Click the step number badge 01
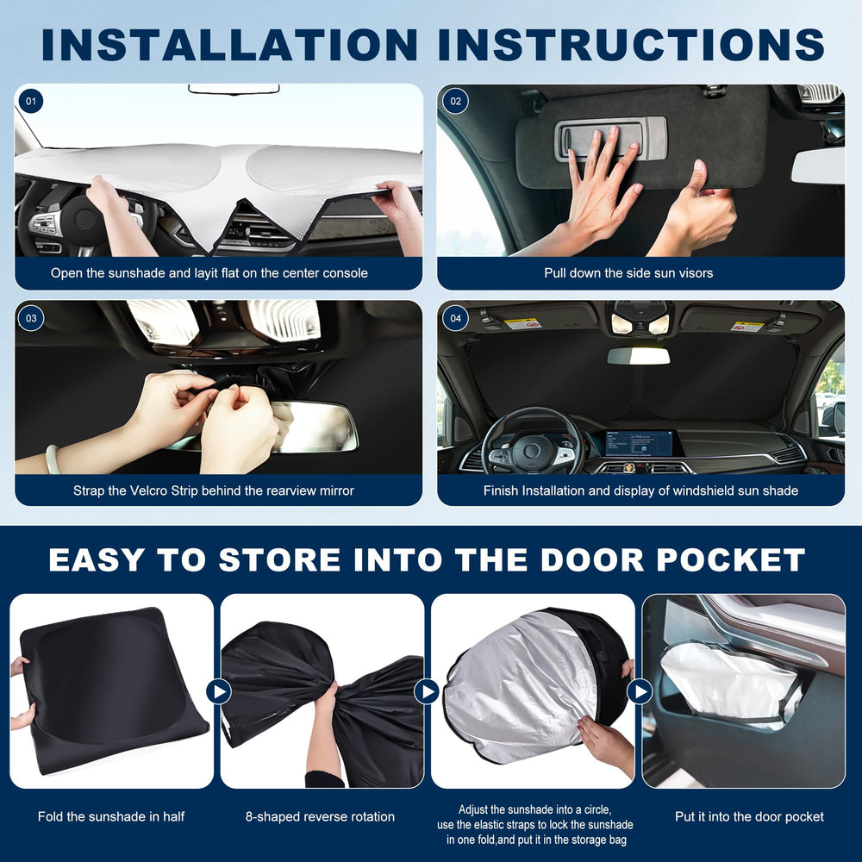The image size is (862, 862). point(31,101)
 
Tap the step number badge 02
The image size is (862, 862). point(455,101)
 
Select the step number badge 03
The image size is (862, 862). point(31,318)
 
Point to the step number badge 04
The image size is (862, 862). point(455,318)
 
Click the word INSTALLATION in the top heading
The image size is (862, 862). point(230,44)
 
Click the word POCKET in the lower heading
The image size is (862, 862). point(731,559)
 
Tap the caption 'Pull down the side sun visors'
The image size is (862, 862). point(628,273)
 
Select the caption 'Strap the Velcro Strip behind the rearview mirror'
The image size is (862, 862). point(213,490)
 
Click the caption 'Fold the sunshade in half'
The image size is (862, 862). point(111,816)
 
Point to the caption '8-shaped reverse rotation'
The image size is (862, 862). point(320,816)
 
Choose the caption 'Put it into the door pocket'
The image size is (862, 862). point(749,816)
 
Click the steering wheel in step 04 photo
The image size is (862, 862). point(532,443)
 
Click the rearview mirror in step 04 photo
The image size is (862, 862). point(638,356)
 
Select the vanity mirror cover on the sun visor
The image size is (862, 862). point(610,139)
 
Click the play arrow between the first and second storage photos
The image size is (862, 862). point(218,691)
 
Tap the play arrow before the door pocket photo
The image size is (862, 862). point(640,691)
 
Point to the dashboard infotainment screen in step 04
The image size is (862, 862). point(639,443)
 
